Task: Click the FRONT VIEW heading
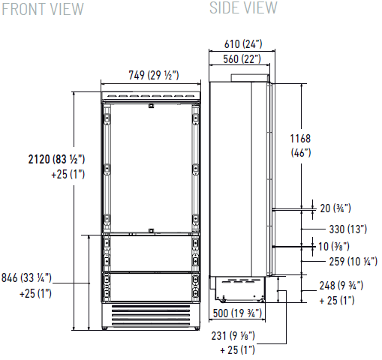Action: tap(43, 9)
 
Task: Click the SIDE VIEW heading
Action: tap(243, 7)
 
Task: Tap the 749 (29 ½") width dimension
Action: tap(154, 75)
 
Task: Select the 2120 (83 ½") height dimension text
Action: tap(56, 159)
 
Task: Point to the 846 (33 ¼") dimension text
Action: tap(26, 277)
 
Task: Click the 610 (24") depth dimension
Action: tap(243, 44)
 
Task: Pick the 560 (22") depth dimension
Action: tap(242, 59)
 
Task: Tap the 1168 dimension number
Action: tap(300, 139)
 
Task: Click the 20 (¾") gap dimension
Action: tap(335, 208)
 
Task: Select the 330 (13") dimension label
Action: tap(347, 229)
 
